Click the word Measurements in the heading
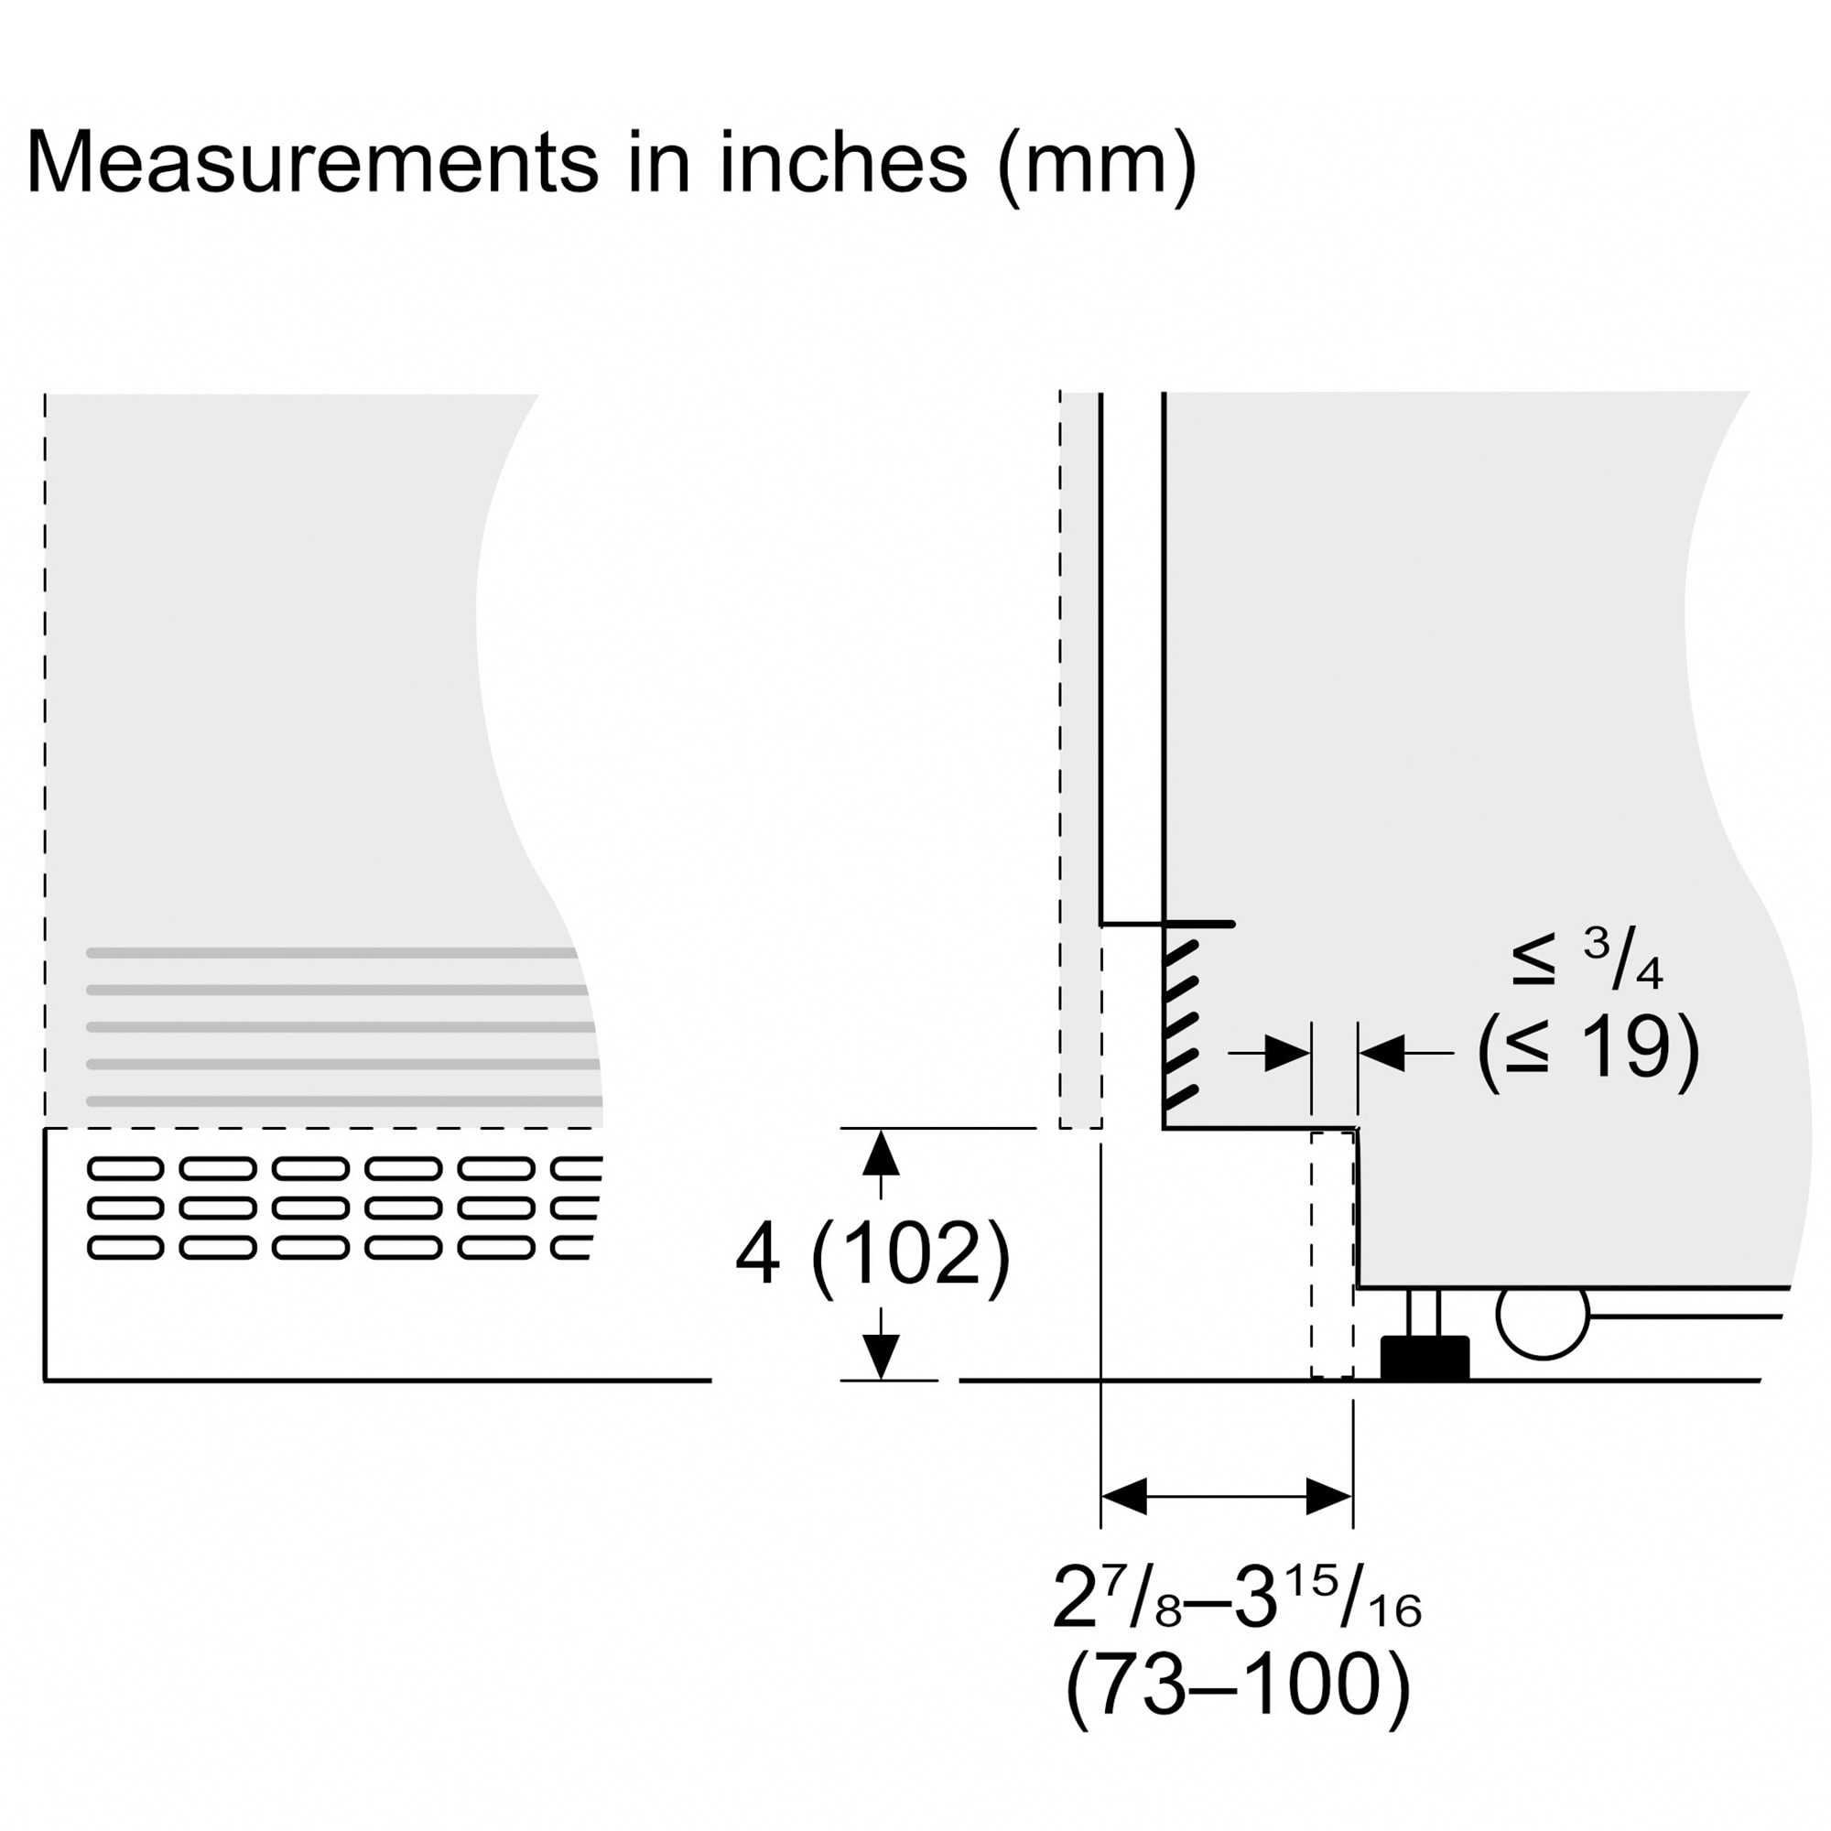click(x=314, y=162)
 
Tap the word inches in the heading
click(x=843, y=162)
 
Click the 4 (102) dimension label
click(x=872, y=1254)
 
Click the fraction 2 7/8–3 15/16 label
click(x=1237, y=1596)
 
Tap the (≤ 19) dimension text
click(x=1588, y=1050)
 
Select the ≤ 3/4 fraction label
click(x=1587, y=959)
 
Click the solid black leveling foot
click(x=1425, y=1357)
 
